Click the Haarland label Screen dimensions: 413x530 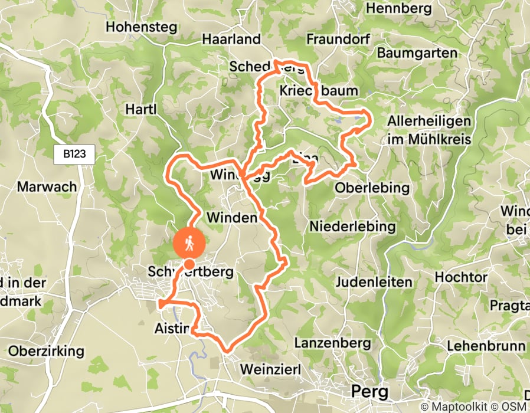tap(231, 40)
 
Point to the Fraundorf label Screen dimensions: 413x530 tap(338, 40)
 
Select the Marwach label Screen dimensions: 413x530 tap(47, 187)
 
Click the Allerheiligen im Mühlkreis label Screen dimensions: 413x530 tap(429, 130)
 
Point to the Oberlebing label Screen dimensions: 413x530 tap(372, 188)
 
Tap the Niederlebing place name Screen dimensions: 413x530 tap(352, 227)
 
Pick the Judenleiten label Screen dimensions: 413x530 tap(373, 282)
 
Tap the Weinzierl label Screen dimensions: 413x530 tap(271, 369)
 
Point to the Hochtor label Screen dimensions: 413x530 tap(461, 277)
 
